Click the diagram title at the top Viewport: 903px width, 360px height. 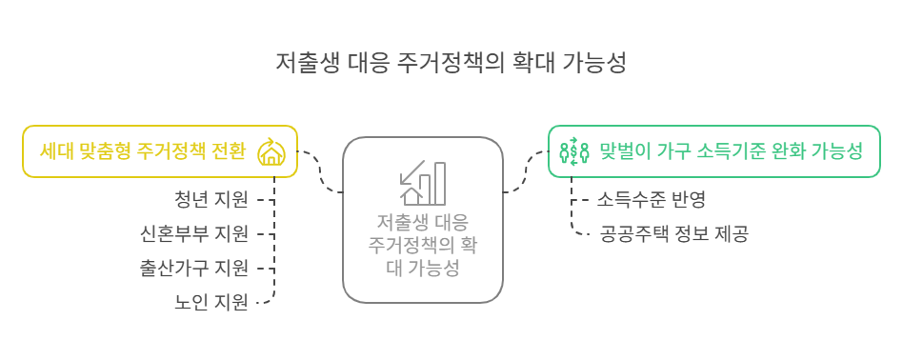(451, 64)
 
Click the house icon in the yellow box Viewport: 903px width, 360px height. (271, 151)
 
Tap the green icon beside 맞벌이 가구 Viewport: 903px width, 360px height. (572, 150)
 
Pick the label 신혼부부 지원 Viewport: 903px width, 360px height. (193, 233)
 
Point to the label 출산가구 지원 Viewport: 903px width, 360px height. (193, 268)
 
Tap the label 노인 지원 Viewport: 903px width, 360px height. (211, 302)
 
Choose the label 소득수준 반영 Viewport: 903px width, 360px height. (651, 199)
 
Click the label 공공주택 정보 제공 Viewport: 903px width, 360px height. (673, 233)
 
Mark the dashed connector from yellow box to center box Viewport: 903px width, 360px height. (319, 171)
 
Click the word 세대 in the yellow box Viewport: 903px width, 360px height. (54, 150)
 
